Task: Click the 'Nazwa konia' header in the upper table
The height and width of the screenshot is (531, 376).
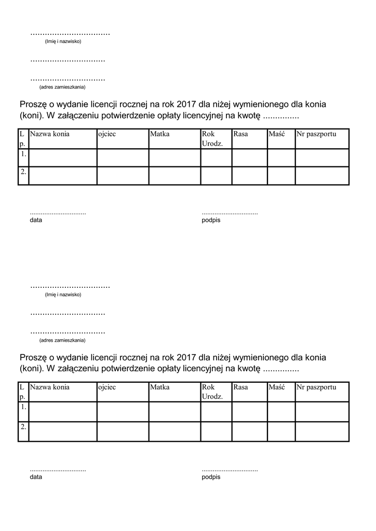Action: (50, 134)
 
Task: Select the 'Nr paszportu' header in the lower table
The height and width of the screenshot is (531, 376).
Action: (316, 387)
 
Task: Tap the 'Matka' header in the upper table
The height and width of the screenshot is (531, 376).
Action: (160, 134)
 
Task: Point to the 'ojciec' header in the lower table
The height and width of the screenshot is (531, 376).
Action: (107, 387)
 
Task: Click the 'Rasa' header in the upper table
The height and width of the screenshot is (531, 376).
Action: (240, 134)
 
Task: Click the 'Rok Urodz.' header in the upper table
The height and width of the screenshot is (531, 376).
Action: (212, 138)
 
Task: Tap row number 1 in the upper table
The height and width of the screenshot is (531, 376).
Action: (23, 154)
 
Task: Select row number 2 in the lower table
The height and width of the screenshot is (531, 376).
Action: (23, 427)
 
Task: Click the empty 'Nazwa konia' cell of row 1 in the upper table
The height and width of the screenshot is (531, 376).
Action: (63, 158)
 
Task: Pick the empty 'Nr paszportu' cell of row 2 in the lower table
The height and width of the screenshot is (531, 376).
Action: (322, 431)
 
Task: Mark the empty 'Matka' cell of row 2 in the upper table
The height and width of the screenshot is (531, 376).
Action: (174, 176)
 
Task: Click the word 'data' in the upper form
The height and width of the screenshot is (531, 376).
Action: (36, 220)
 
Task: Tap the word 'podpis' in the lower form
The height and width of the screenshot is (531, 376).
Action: (211, 477)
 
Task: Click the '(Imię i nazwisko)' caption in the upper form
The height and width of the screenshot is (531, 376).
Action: (63, 41)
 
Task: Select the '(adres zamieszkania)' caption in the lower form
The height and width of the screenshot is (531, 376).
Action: (62, 340)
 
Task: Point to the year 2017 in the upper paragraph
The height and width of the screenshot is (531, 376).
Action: (185, 104)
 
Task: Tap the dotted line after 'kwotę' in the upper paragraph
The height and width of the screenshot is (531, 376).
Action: (281, 116)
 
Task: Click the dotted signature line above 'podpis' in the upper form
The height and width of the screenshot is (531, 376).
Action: (230, 213)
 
